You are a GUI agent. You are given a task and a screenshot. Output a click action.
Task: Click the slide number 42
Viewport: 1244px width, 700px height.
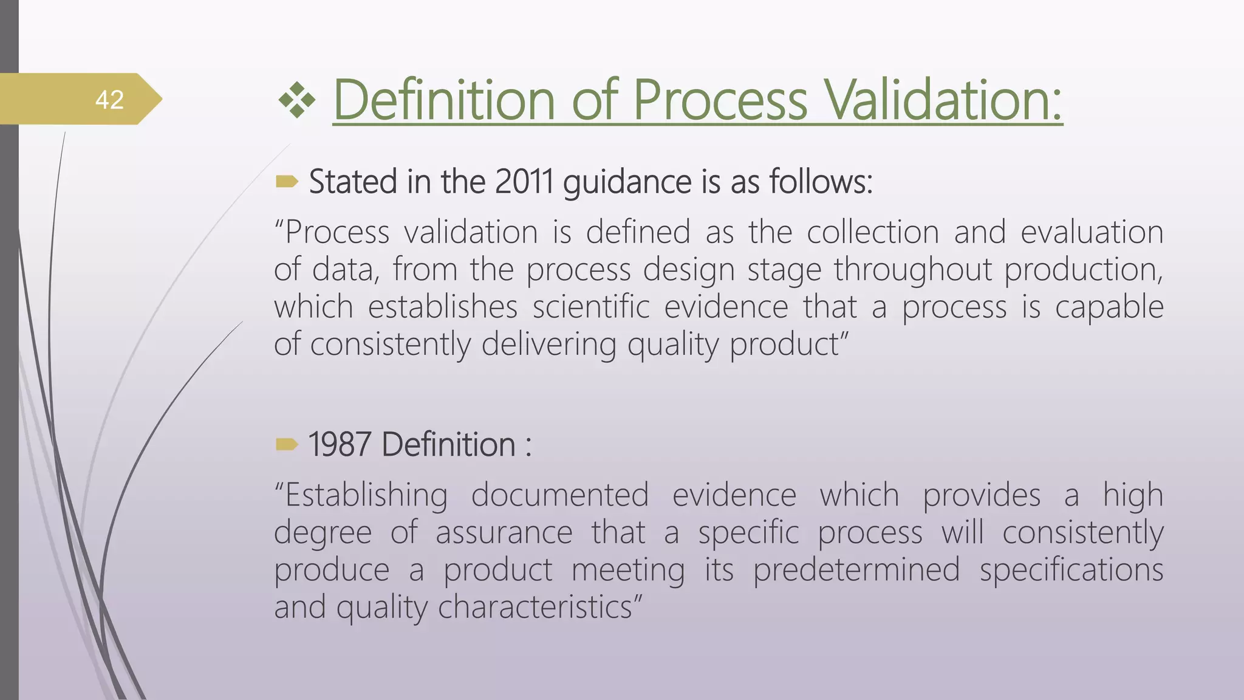pos(109,100)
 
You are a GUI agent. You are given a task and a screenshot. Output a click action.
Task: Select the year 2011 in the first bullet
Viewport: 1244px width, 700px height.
pos(524,182)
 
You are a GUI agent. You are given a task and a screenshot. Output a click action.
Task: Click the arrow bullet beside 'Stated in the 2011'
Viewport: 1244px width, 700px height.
pos(287,181)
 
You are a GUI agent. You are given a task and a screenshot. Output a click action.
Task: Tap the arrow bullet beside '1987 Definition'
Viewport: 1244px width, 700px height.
pos(287,444)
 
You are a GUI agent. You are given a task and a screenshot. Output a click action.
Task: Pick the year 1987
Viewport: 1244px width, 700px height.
pos(340,444)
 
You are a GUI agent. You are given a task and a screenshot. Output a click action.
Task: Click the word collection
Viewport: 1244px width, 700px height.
pos(873,232)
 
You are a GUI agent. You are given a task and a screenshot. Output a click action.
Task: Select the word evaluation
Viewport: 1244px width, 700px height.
pos(1092,232)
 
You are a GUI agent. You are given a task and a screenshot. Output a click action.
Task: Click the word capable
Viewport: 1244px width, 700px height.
pos(1109,307)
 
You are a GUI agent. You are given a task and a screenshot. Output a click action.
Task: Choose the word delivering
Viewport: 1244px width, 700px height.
pos(547,345)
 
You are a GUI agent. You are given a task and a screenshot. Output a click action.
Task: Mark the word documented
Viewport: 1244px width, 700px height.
pos(560,495)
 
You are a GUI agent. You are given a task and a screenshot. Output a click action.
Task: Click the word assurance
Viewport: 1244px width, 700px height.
pos(504,533)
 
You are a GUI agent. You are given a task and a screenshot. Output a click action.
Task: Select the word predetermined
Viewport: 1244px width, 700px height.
pos(856,571)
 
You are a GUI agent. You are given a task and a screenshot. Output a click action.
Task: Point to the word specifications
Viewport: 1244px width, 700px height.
pos(1071,571)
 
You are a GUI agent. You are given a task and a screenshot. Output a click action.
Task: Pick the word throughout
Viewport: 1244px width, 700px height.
pos(912,270)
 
